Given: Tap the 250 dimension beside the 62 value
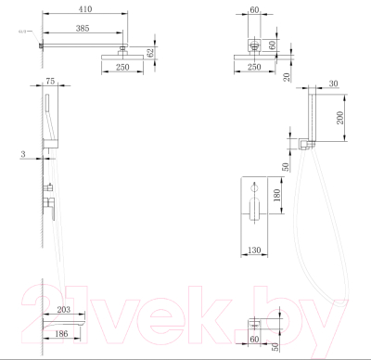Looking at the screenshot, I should click(122, 77).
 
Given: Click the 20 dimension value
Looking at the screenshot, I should click(288, 77).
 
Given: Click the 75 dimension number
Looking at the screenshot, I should click(51, 83).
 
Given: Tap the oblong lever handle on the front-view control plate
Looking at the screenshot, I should click(251, 212).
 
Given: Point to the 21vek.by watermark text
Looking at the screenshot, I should click(185, 311).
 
